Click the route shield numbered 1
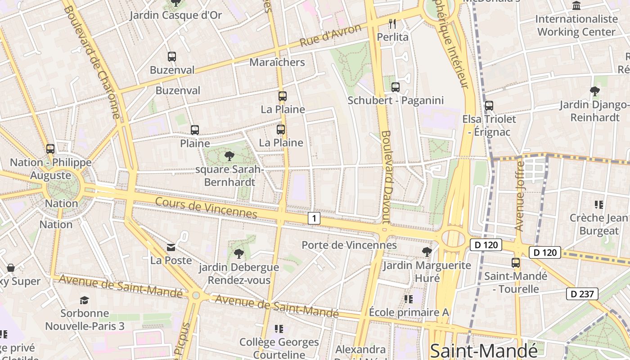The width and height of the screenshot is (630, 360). (314, 219)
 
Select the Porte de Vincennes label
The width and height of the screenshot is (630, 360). (349, 245)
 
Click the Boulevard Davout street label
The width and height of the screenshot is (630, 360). (386, 177)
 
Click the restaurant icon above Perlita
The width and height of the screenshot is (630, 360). (392, 23)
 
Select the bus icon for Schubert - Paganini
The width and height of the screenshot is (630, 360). (395, 87)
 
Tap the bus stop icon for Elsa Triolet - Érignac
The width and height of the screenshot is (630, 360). (489, 106)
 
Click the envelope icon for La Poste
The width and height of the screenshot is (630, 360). (171, 247)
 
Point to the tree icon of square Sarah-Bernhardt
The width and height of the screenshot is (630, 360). (229, 156)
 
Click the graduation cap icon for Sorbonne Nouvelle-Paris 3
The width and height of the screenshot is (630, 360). (84, 300)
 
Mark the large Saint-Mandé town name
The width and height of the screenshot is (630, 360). (484, 351)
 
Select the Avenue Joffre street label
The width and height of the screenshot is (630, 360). (520, 196)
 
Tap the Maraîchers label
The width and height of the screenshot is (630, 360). (277, 62)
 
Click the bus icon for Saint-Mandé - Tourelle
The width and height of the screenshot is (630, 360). (516, 263)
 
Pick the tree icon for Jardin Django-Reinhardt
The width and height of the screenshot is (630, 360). (594, 91)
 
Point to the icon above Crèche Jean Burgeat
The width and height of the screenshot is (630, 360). (598, 205)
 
